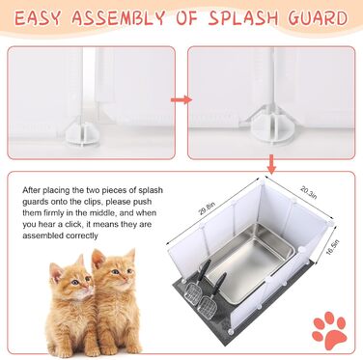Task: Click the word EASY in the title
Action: tap(38, 18)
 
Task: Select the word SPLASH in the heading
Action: tap(243, 18)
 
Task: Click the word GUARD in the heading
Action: tap(318, 18)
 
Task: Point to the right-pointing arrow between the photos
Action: tap(181, 100)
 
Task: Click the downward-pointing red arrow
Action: tap(272, 164)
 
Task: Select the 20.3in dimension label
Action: tap(309, 192)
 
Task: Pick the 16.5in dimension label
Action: tap(332, 247)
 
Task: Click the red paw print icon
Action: tap(329, 330)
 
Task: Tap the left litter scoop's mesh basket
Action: tap(193, 292)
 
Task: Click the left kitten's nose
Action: tap(86, 286)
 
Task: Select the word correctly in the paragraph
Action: tap(82, 235)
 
